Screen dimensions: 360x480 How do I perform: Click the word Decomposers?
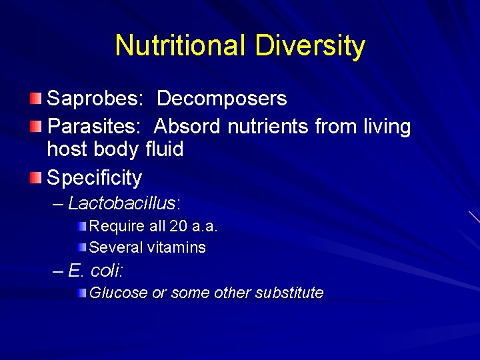pyautogui.click(x=222, y=99)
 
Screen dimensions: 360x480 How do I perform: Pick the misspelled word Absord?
pyautogui.click(x=188, y=126)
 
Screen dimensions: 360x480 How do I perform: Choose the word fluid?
pyautogui.click(x=164, y=149)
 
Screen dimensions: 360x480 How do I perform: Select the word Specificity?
pyautogui.click(x=95, y=178)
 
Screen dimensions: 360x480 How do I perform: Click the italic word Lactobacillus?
pyautogui.click(x=125, y=203)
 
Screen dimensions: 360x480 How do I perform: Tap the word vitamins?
pyautogui.click(x=177, y=247)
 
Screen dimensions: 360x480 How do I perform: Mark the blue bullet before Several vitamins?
pyautogui.click(x=81, y=247)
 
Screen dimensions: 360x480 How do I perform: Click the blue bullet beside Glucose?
pyautogui.click(x=81, y=293)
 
